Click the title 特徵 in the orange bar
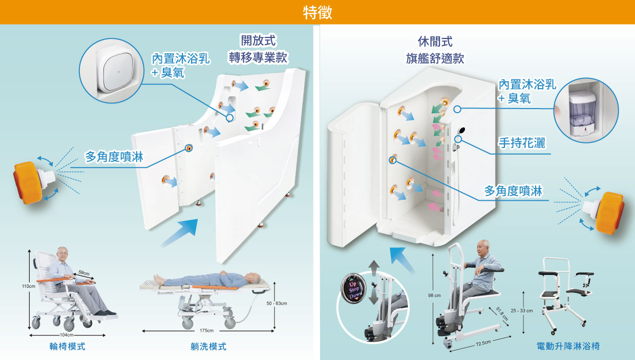[x=317, y=12]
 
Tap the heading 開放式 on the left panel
[x=259, y=41]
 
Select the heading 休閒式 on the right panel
[x=435, y=41]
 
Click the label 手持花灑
[x=521, y=143]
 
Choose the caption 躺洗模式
[x=208, y=347]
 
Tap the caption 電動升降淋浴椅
[x=567, y=347]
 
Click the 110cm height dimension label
[x=28, y=286]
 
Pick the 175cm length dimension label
[x=207, y=330]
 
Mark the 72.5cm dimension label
[x=483, y=343]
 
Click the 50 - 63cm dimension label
[x=277, y=304]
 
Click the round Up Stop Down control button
[x=353, y=290]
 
